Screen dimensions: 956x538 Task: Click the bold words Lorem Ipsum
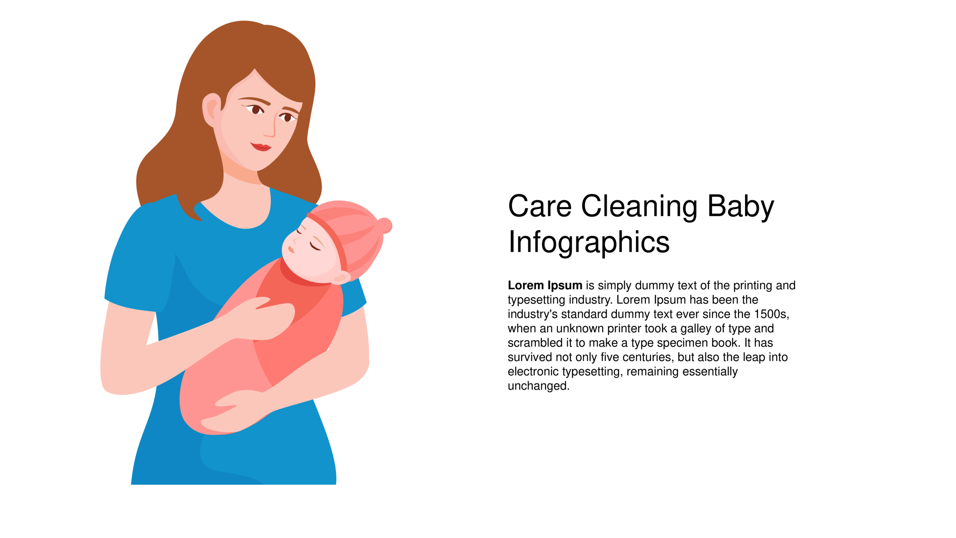tap(545, 285)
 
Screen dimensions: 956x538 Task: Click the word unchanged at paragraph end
tap(538, 386)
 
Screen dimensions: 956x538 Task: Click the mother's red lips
tap(261, 146)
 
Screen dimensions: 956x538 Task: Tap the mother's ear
tap(211, 110)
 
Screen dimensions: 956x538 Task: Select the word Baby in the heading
tap(741, 207)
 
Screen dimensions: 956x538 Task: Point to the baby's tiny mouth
tap(291, 249)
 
